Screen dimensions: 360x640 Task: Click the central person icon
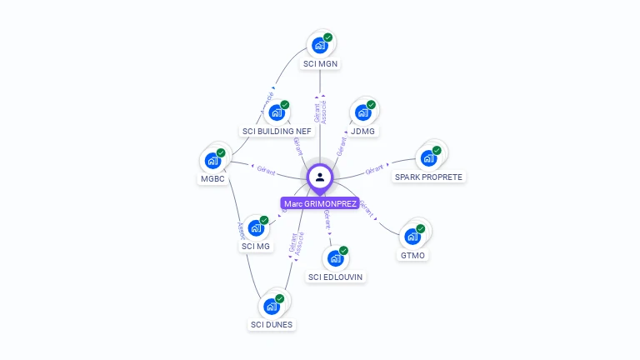tap(320, 177)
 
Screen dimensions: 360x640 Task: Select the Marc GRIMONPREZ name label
tap(320, 203)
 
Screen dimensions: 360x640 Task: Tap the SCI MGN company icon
tap(320, 45)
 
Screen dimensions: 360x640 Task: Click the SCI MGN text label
tap(321, 64)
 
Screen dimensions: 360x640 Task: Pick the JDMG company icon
tap(362, 112)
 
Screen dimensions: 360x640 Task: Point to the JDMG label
tap(363, 132)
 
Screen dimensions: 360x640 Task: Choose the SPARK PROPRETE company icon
tap(429, 158)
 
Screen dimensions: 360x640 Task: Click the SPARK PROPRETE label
tap(428, 177)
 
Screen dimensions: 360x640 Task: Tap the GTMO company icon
tap(412, 236)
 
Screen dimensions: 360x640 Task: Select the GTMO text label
tap(413, 255)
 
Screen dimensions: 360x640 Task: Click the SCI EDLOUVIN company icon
tap(336, 257)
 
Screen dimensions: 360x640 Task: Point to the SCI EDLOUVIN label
tap(336, 277)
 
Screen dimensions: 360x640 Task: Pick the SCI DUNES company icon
tap(272, 306)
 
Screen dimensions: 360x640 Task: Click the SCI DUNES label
tap(272, 325)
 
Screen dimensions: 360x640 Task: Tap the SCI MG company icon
tap(257, 227)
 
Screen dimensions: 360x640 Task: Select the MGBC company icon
tap(213, 160)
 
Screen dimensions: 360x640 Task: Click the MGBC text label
tap(212, 179)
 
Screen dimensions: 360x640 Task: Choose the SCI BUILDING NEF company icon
tap(277, 112)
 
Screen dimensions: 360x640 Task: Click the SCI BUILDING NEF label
tap(277, 132)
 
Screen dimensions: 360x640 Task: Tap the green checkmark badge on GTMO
tap(421, 228)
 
